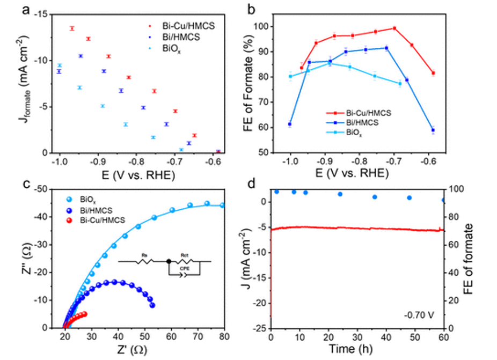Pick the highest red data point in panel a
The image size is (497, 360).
72,28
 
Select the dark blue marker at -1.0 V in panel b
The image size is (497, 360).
290,124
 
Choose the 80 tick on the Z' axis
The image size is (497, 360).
224,337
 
